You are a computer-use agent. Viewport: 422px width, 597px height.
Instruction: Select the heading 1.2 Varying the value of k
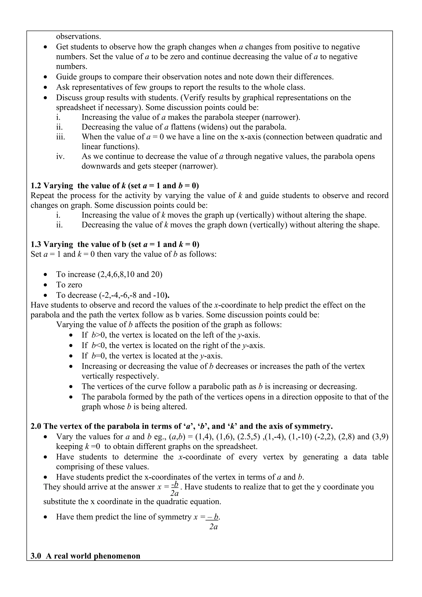click(x=115, y=186)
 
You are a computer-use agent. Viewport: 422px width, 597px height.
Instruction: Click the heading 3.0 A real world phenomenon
click(x=86, y=556)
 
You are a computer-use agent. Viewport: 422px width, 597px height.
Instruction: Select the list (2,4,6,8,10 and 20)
click(x=130, y=275)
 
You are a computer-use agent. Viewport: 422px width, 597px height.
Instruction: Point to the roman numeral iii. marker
click(x=60, y=137)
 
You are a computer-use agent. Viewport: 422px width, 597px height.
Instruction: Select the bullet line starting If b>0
click(x=171, y=335)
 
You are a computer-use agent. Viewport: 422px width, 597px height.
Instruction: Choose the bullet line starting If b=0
click(x=152, y=356)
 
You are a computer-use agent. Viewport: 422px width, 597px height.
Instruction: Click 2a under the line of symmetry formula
click(x=213, y=527)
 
